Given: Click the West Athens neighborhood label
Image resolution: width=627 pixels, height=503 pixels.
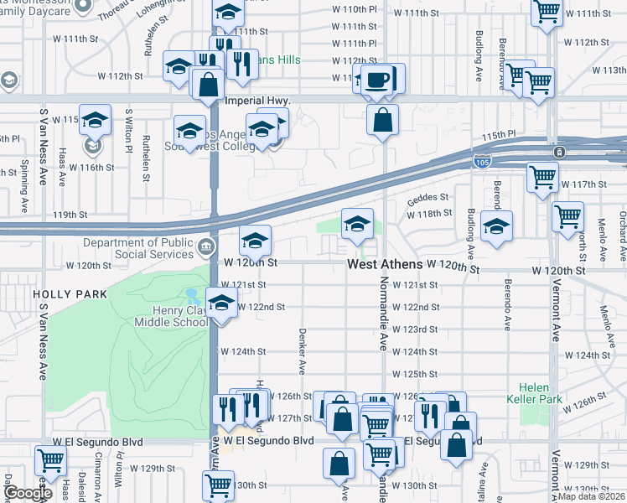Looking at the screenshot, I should pos(386,265).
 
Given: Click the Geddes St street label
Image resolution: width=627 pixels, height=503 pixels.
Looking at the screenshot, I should pos(422,199).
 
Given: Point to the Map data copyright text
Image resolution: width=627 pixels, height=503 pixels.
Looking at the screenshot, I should pos(591,496).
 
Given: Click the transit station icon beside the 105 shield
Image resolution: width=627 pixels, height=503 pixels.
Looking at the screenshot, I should pos(559,153).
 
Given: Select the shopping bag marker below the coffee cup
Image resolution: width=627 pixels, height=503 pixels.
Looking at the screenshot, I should pos(382,120).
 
